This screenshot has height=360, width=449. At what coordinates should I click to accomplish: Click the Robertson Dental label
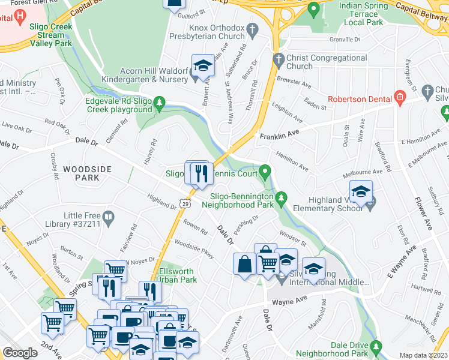coord(359,99)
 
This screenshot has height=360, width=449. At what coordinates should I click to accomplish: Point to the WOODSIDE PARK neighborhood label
coord(88,174)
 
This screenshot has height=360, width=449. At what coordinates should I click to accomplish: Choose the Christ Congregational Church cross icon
coord(278,59)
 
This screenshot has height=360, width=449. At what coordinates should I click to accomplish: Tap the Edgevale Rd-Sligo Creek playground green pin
coord(160,104)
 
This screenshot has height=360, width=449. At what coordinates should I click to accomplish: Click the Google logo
coord(20,353)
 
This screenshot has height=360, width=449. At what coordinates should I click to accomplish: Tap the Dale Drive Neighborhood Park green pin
coord(376,346)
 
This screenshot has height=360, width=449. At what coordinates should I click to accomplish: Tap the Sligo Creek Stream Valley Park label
coord(51,35)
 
